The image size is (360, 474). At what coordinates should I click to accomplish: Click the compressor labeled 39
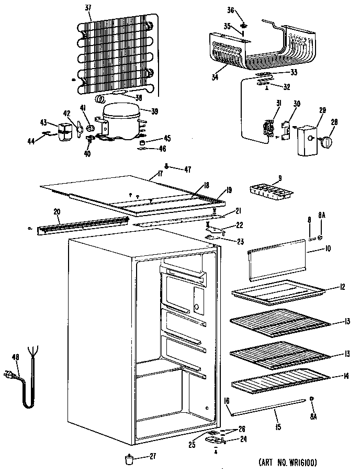click(121, 122)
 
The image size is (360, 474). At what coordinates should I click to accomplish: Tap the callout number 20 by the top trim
click(57, 212)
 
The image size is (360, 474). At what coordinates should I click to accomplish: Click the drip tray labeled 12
click(277, 291)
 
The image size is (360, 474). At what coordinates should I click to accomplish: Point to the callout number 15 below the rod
click(278, 427)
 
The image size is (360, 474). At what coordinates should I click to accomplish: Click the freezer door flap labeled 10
click(277, 262)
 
